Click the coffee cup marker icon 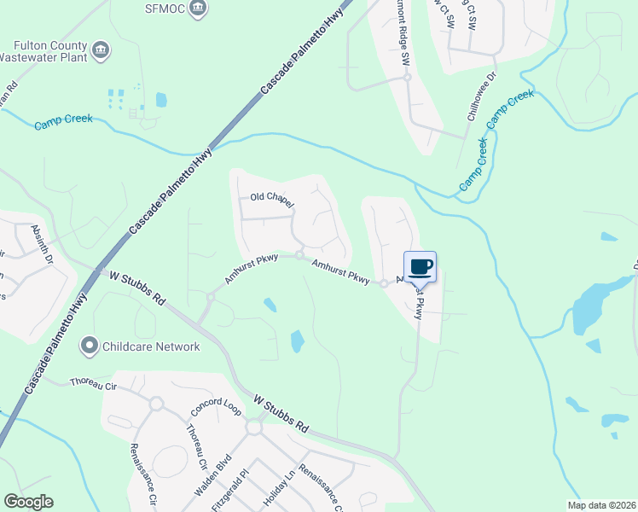click(420, 267)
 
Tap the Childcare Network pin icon click(89, 346)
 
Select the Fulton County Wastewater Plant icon click(101, 50)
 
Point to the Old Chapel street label click(272, 201)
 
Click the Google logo click(28, 502)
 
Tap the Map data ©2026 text click(601, 505)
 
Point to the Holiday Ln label click(278, 489)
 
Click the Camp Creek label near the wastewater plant click(64, 124)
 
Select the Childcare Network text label click(151, 346)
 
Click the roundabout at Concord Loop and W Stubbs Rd click(253, 427)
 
